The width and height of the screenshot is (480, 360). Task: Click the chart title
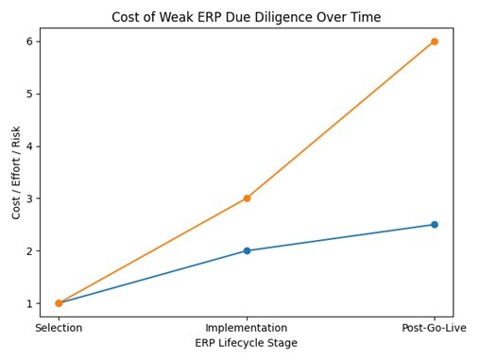[x=246, y=17]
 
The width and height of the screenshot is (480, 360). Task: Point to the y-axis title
[x=17, y=171]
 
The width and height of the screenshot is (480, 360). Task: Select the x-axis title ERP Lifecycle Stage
[x=246, y=343]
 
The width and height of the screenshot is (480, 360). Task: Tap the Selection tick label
[x=59, y=327]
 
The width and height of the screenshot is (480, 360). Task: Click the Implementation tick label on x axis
[x=247, y=327]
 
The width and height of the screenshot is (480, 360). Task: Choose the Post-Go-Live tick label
[x=434, y=327]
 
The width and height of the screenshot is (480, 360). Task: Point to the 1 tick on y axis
[x=31, y=303]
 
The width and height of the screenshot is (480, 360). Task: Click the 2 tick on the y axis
[x=31, y=251]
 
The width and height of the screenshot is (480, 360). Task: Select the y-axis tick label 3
[x=31, y=198]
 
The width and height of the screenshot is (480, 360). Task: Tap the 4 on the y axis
[x=31, y=146]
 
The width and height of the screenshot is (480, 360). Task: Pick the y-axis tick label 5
[x=31, y=94]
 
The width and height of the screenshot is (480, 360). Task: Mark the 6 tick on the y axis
[x=31, y=42]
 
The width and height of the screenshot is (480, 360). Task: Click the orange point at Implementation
[x=247, y=198]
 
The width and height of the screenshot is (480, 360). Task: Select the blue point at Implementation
[x=247, y=250]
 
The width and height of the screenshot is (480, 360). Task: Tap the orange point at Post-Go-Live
[x=434, y=42]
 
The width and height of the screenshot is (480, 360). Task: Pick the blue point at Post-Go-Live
[x=434, y=225]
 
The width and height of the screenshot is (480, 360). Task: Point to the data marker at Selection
[x=59, y=303]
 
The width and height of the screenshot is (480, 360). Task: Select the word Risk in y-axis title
[x=17, y=134]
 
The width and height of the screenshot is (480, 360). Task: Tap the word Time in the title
[x=365, y=17]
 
